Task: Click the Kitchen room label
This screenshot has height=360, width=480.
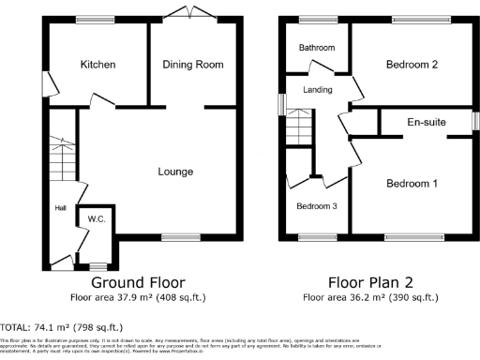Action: click(x=97, y=65)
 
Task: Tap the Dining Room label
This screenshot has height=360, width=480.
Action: click(x=193, y=65)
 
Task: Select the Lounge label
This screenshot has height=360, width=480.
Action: click(x=175, y=172)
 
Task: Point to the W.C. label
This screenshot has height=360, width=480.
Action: click(x=96, y=220)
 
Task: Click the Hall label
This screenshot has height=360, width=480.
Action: click(x=60, y=208)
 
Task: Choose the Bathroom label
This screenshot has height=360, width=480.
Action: click(x=317, y=47)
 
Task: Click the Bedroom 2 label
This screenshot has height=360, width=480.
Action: click(x=412, y=65)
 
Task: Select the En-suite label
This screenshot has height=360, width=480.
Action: click(x=426, y=122)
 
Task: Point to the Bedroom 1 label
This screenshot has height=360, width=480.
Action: click(x=412, y=184)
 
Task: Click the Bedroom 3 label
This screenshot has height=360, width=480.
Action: click(x=316, y=206)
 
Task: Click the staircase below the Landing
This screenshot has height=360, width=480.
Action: click(x=298, y=125)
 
